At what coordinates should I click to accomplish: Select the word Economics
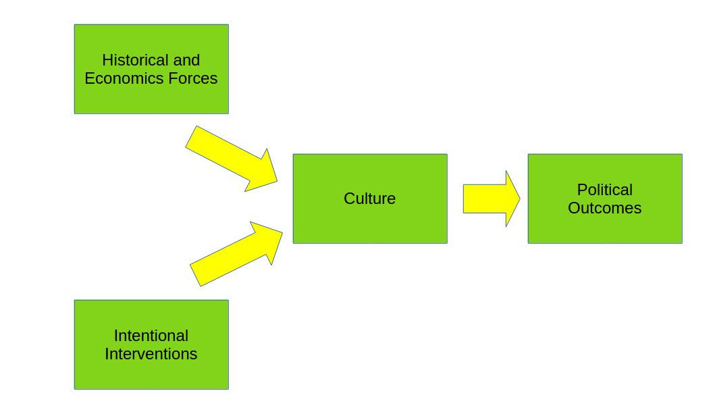click(x=115, y=78)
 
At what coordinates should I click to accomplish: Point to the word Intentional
click(x=151, y=336)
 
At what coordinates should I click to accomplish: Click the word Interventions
click(x=151, y=354)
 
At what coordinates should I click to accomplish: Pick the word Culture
click(x=369, y=199)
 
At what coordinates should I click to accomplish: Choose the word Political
click(x=604, y=190)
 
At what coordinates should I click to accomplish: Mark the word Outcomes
click(x=604, y=208)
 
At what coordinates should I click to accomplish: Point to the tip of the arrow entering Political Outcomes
click(x=519, y=199)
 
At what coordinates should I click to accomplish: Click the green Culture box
click(x=369, y=223)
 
